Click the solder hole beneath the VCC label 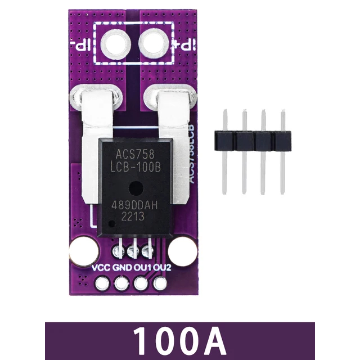click(x=102, y=284)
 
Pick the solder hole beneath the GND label click(x=120, y=284)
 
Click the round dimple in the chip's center click(x=134, y=187)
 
